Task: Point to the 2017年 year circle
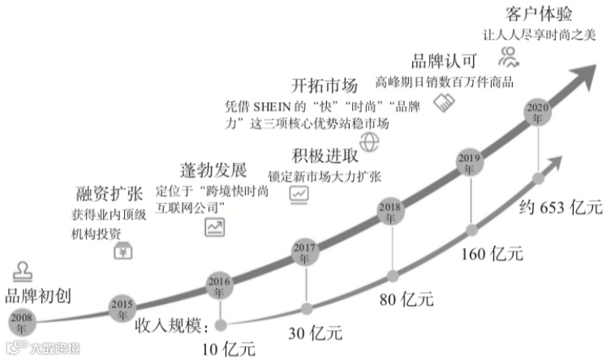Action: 305,250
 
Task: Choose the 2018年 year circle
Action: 390,212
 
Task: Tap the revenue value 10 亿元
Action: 228,349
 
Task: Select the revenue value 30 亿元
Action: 316,332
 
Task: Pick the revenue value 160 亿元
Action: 492,253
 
